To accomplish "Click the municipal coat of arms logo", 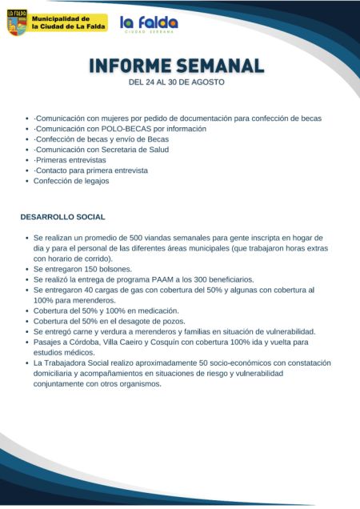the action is point(17,22).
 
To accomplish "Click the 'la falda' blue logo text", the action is point(149,22).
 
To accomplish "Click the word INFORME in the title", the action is point(128,65).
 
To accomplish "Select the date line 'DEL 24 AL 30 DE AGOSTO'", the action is point(177,82).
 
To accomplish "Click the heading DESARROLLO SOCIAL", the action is point(62,217).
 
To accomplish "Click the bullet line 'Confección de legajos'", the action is point(71,181).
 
